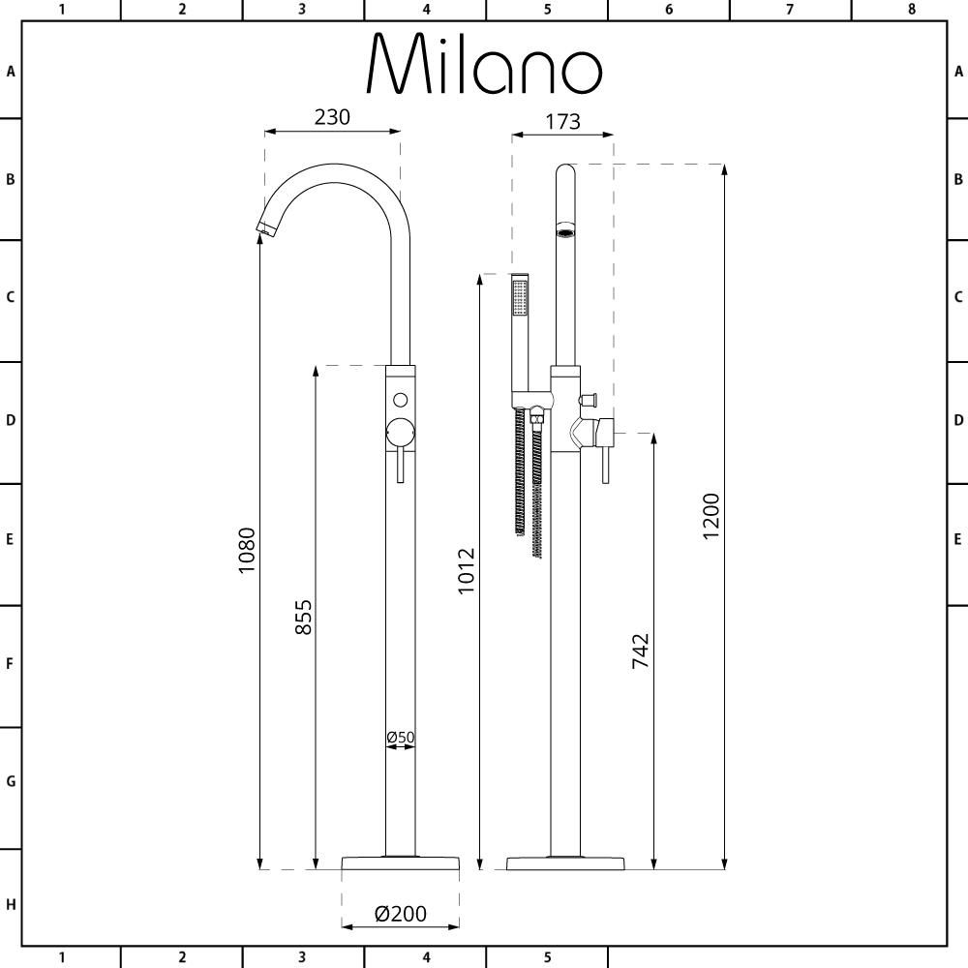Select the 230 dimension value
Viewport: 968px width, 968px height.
click(332, 117)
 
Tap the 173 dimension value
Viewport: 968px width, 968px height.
click(562, 121)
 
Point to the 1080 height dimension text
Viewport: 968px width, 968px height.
click(247, 550)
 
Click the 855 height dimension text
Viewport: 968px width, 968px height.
click(303, 617)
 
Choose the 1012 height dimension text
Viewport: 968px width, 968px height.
click(468, 571)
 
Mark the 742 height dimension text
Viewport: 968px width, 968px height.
click(640, 650)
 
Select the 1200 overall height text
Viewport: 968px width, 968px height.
click(711, 517)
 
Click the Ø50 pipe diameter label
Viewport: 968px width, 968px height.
click(400, 738)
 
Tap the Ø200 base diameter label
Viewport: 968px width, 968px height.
click(400, 913)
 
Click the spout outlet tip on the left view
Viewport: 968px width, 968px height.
click(263, 228)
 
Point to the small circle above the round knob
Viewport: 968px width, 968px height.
click(400, 400)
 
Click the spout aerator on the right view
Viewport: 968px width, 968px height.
click(565, 232)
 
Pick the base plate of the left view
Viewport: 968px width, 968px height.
click(400, 863)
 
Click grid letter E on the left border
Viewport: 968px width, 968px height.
click(11, 539)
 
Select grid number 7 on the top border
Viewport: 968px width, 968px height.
click(790, 10)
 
